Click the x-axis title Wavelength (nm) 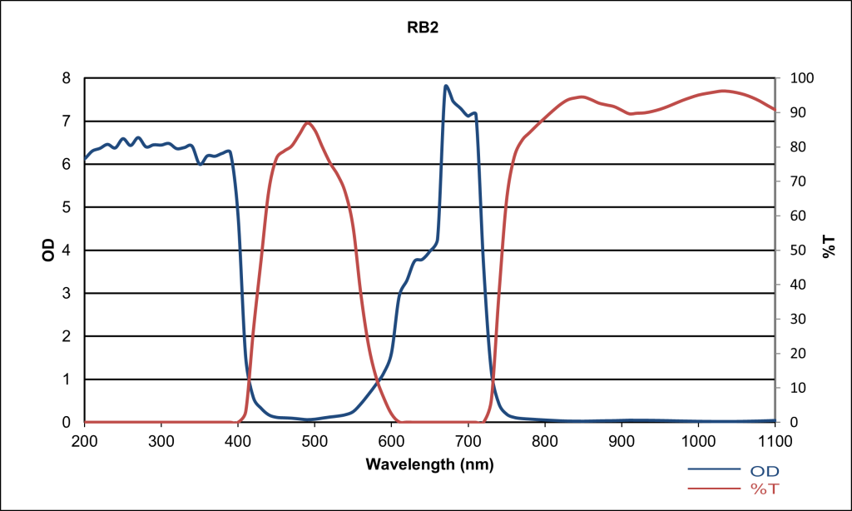point(429,464)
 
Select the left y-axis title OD point(48,251)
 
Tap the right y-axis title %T point(829,246)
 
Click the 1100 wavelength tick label point(774,439)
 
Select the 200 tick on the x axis point(85,439)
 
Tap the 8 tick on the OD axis point(67,78)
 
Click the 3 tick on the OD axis point(67,293)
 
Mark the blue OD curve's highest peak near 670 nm point(446,86)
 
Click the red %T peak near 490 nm point(309,122)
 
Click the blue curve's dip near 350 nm point(200,164)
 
